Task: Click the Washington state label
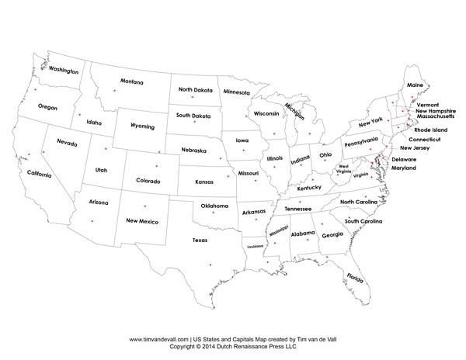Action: (x=64, y=70)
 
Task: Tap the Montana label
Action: (x=131, y=81)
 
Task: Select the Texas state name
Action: (x=200, y=241)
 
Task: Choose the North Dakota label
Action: (x=194, y=90)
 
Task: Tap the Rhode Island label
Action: (x=429, y=130)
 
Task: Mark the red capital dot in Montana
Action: (x=115, y=92)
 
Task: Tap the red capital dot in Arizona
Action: (x=91, y=221)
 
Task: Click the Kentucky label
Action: (x=308, y=188)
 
